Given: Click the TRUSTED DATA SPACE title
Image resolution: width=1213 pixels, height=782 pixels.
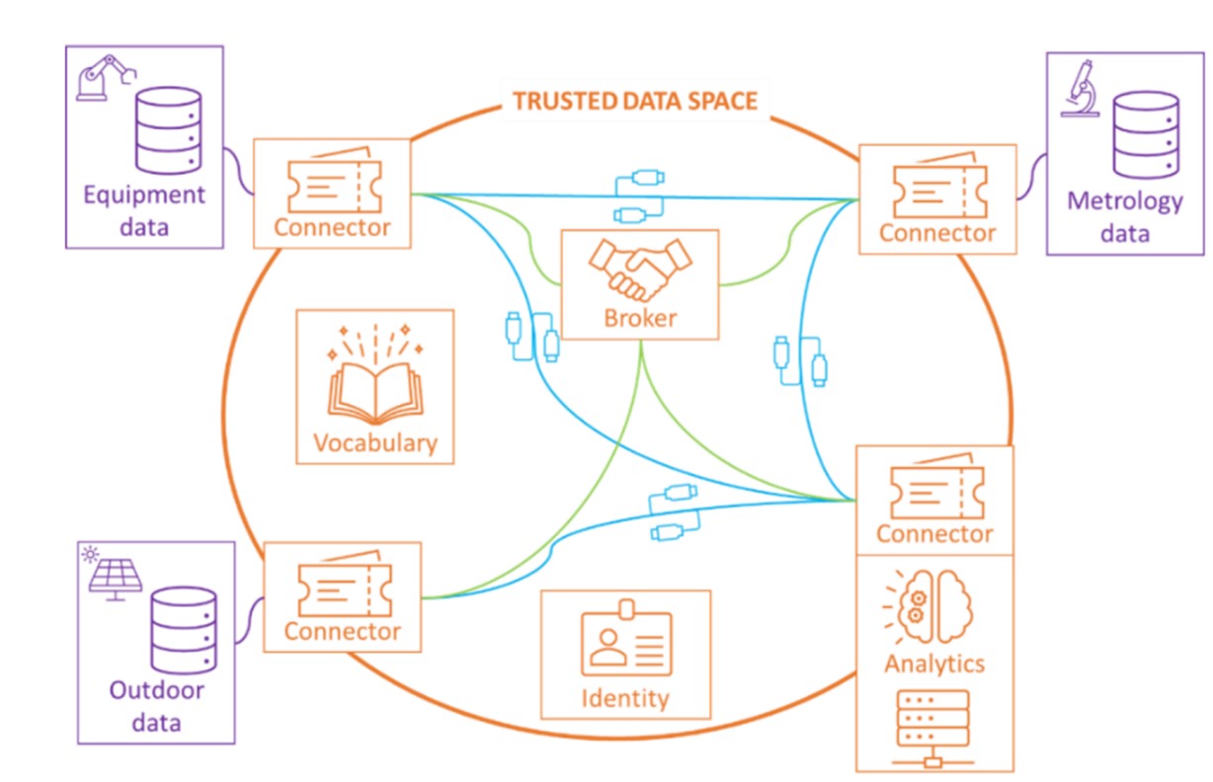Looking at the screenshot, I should (635, 101).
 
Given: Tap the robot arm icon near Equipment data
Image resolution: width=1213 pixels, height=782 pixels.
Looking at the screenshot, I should (104, 76).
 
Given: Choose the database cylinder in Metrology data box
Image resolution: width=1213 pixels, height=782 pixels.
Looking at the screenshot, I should (1145, 135).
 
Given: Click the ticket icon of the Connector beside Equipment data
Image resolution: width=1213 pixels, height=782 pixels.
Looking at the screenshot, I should (332, 182).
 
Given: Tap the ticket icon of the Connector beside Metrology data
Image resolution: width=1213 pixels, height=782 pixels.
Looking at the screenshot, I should (936, 189).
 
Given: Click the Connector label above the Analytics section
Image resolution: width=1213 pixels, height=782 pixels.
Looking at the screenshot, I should (934, 534).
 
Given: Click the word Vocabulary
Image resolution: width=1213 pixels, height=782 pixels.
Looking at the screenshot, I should (374, 441).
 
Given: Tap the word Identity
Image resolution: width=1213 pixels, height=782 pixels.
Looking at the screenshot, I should (625, 698).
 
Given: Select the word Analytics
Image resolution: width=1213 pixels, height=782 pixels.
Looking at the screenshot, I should (934, 662).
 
